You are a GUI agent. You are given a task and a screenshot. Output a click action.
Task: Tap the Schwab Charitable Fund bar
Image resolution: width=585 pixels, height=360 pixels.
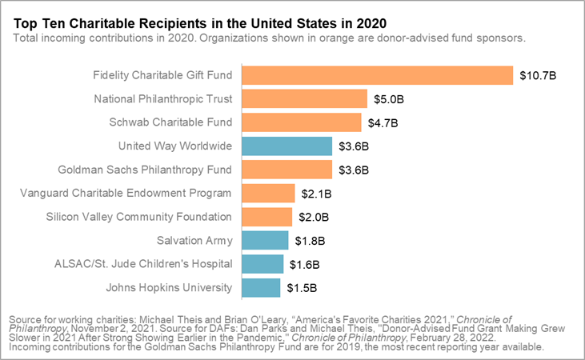(301, 122)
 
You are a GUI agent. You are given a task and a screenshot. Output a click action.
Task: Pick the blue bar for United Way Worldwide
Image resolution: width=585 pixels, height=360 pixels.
(286, 146)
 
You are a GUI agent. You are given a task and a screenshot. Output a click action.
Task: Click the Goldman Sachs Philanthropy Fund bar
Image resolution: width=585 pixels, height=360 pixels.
(286, 170)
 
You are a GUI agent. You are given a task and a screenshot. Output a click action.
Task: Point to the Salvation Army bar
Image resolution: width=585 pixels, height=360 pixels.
(264, 240)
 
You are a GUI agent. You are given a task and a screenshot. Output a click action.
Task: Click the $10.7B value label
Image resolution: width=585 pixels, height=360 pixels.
(537, 75)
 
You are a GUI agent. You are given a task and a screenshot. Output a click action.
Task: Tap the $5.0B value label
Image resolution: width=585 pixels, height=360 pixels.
(390, 99)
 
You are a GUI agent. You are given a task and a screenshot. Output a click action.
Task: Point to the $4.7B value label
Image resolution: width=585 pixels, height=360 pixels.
(383, 122)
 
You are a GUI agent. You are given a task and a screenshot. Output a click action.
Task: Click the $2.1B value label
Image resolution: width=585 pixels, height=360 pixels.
(316, 194)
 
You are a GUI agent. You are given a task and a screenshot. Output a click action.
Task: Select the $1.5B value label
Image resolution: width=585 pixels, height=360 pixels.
(302, 287)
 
